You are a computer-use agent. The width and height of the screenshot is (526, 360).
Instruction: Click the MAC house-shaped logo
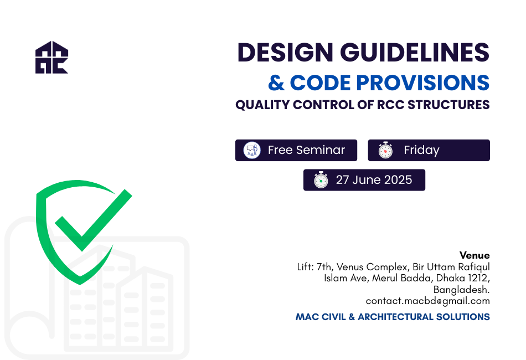tap(51, 58)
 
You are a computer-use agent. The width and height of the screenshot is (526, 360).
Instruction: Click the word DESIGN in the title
tap(285, 53)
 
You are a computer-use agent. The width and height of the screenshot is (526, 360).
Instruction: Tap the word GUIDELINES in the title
tap(415, 53)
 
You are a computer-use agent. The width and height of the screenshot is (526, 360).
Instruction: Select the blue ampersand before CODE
tap(276, 83)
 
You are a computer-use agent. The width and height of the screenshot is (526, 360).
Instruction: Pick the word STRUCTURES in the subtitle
tap(448, 105)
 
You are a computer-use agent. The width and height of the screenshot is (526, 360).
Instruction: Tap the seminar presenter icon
tap(252, 150)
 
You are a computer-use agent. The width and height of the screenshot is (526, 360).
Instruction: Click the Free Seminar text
tap(306, 150)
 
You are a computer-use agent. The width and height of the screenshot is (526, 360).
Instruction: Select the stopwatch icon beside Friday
tap(385, 150)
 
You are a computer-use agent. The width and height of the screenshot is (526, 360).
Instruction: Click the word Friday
tap(422, 150)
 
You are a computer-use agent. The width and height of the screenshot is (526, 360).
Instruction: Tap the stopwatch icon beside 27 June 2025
tap(321, 180)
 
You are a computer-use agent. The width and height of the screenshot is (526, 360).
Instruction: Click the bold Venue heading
tap(475, 255)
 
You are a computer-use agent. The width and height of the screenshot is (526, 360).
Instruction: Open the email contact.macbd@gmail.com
tap(427, 301)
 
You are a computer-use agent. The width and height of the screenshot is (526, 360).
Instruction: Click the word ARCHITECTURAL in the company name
tap(395, 317)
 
